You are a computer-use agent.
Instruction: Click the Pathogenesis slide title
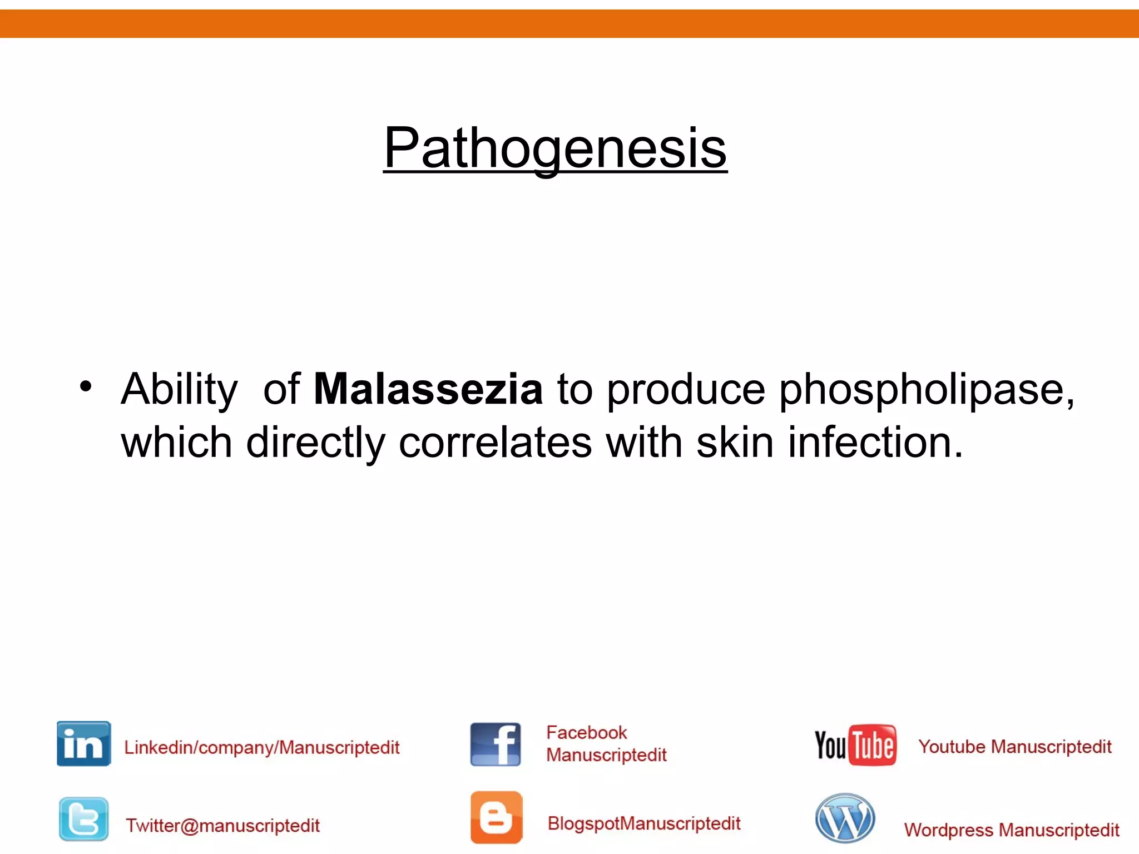click(x=555, y=148)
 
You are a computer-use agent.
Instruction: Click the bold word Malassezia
click(x=428, y=389)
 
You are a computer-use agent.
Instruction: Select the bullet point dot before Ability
click(x=85, y=386)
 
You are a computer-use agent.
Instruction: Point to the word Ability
click(x=179, y=390)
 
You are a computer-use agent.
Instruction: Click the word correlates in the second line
click(x=495, y=443)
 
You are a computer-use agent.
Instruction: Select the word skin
click(x=734, y=443)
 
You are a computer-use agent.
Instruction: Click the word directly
click(x=315, y=444)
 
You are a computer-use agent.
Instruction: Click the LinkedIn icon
click(x=83, y=744)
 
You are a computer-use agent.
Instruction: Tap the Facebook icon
click(x=495, y=744)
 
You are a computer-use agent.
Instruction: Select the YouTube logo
click(x=855, y=745)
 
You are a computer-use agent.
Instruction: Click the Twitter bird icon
click(x=83, y=819)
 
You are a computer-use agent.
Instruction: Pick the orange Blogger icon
click(x=496, y=817)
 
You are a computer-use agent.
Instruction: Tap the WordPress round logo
click(x=845, y=818)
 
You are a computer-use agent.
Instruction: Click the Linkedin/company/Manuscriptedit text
click(x=261, y=747)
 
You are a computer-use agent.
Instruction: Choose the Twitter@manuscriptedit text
click(x=222, y=825)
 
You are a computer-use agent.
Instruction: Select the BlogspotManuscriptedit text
click(x=644, y=823)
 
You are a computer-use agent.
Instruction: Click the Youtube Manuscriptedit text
click(x=1014, y=746)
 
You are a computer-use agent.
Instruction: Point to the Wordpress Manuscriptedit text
click(x=1011, y=830)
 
